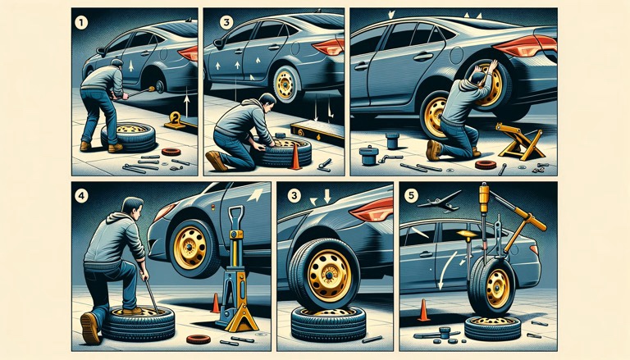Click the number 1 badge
[81, 23]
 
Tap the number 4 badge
[81, 196]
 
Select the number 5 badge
[411, 196]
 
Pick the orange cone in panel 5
[423, 310]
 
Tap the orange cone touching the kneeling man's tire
[295, 157]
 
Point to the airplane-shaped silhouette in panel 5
[440, 202]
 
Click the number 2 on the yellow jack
[176, 118]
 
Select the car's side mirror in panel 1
[100, 52]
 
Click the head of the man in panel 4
[132, 208]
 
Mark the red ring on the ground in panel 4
[199, 339]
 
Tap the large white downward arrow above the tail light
[327, 196]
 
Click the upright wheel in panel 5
[491, 285]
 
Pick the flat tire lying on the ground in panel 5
[492, 328]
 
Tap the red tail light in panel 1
[189, 53]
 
